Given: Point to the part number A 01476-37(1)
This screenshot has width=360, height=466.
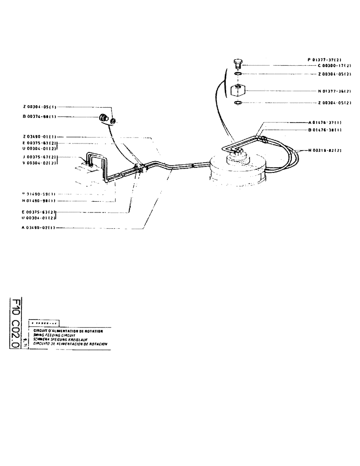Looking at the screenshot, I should pyautogui.click(x=325, y=123).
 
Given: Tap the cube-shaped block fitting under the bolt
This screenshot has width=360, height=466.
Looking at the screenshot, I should pyautogui.click(x=238, y=89).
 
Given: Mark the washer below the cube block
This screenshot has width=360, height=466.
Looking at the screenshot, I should pyautogui.click(x=237, y=103).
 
